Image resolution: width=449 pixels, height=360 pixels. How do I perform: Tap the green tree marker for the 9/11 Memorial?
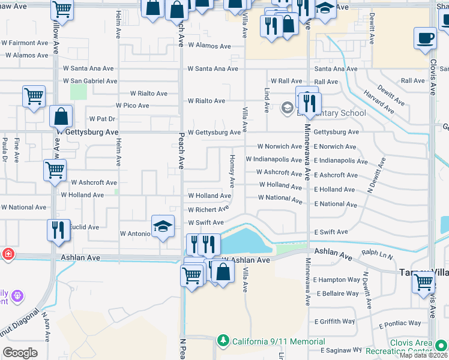tap(223, 341)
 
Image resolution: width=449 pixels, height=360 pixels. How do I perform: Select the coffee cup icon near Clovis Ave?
tap(425, 38)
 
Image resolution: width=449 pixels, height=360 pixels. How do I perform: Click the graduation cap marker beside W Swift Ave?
tap(162, 227)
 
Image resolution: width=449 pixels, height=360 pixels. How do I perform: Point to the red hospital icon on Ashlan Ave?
tap(7, 253)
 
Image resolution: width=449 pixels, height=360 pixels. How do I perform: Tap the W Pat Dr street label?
tap(101, 119)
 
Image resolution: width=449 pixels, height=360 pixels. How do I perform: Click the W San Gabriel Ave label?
tap(89, 81)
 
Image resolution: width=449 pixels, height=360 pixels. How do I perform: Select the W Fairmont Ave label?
tap(25, 43)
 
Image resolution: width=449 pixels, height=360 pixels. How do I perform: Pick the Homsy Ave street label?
tap(232, 169)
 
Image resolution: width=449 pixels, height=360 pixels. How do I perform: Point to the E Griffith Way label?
tap(334, 322)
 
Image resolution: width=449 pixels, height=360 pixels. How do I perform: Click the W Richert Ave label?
tap(208, 210)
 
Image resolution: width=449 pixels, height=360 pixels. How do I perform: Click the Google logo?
tap(20, 353)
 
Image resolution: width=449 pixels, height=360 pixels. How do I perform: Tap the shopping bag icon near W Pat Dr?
tap(61, 116)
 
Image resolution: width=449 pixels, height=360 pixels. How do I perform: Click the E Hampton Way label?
tap(337, 280)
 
